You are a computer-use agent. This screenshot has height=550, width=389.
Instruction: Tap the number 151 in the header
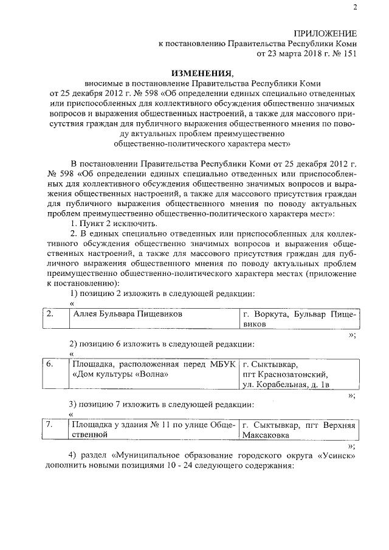(x=348, y=53)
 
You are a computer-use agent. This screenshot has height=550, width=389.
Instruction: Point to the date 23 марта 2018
(x=287, y=53)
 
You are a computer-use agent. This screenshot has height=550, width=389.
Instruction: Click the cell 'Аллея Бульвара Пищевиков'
(x=127, y=314)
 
